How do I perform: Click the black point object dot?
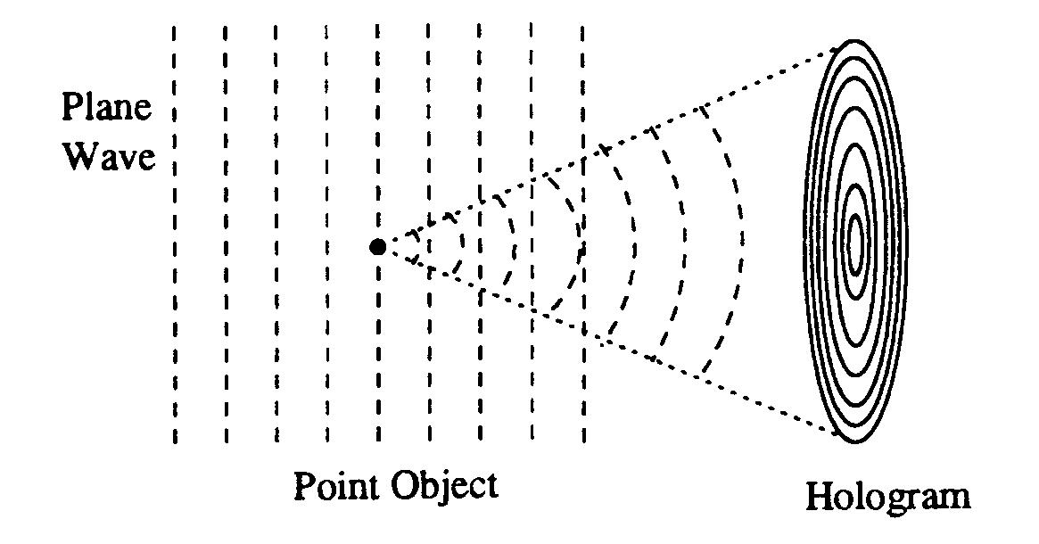click(x=377, y=247)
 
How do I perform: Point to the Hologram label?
click(x=886, y=496)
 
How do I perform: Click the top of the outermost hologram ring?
click(x=855, y=42)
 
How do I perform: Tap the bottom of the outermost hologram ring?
click(x=855, y=442)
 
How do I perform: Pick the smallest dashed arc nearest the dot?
click(x=412, y=246)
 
